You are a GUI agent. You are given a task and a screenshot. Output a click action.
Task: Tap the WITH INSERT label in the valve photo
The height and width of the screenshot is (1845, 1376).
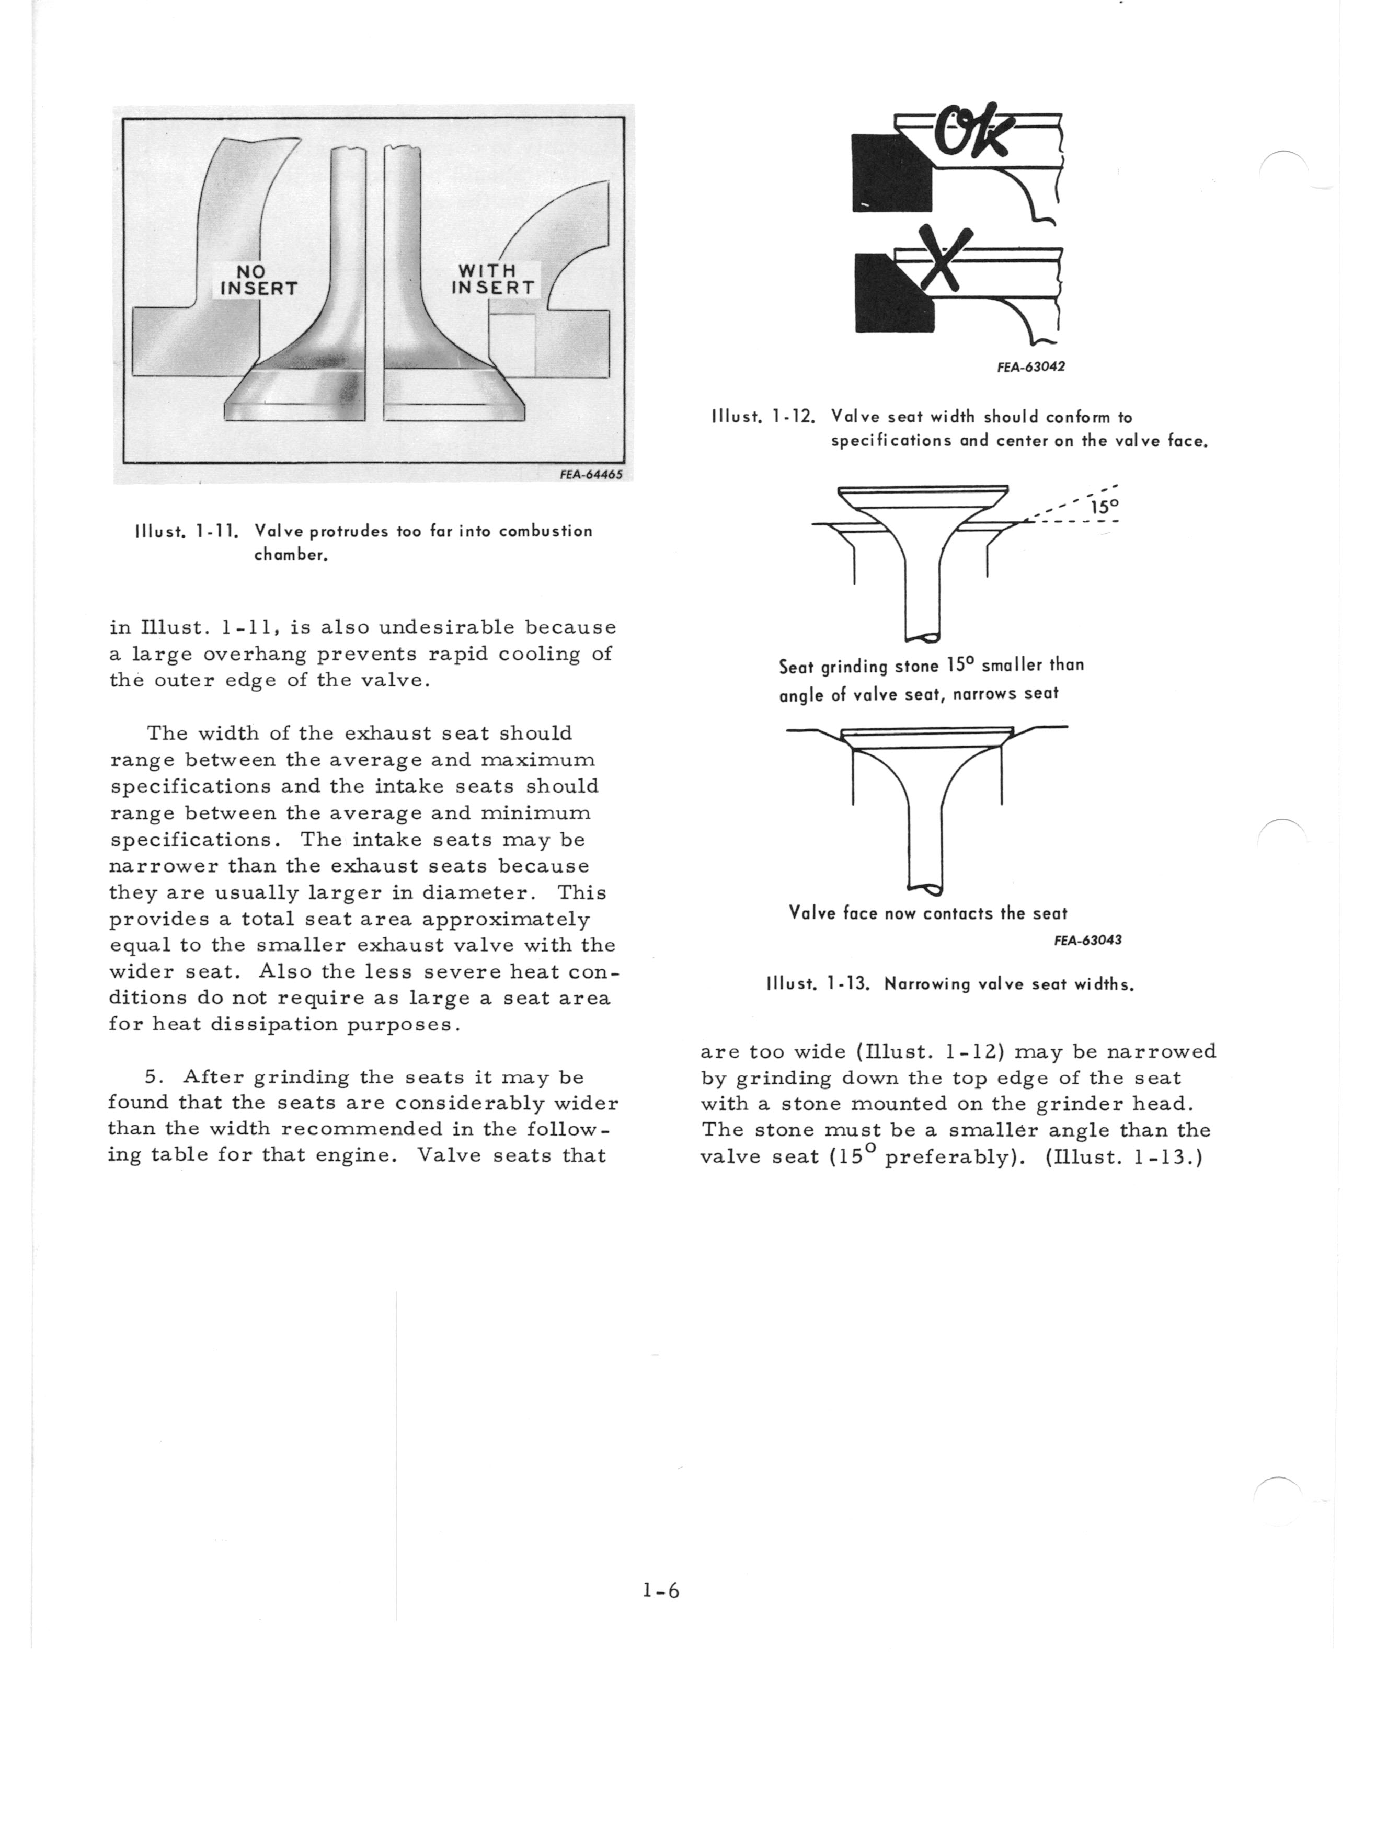click(493, 279)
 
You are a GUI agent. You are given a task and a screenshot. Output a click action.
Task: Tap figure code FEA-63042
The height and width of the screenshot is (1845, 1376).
click(1030, 366)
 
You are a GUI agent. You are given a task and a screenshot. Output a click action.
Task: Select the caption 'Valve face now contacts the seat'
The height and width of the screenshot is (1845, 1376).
click(928, 913)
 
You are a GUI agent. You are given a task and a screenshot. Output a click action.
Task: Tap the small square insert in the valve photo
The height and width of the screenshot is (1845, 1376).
click(512, 344)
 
